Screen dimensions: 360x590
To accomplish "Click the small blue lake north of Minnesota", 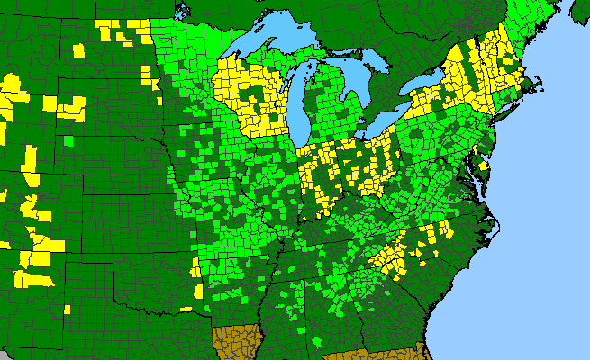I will [x=185, y=11].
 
